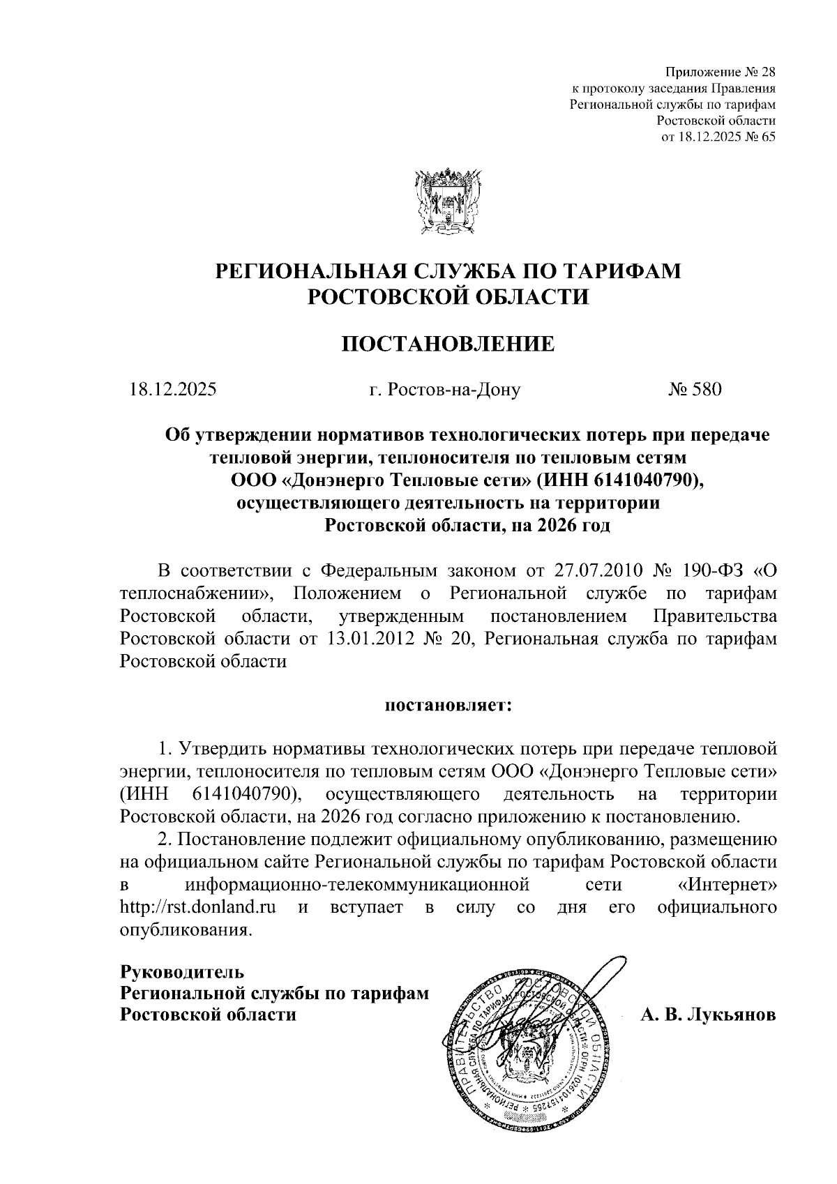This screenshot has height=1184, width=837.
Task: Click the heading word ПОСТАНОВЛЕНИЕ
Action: (x=448, y=344)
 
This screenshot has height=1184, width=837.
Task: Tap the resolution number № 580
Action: (x=695, y=389)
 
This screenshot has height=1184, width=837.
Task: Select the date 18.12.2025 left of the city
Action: (x=172, y=389)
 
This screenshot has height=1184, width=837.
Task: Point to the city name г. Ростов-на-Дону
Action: (x=445, y=389)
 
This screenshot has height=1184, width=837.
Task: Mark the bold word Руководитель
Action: (x=182, y=971)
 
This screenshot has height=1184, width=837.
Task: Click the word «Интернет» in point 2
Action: (x=727, y=885)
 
